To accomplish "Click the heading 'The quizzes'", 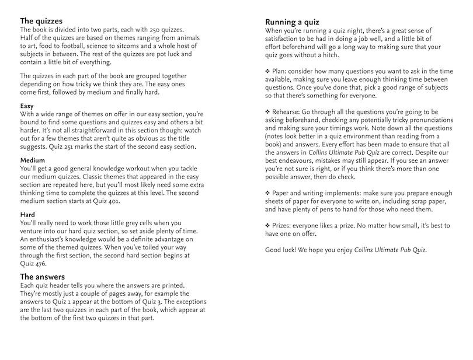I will point(41,21).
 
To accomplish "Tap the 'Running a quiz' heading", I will point(295,21).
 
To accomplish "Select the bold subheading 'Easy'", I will point(26,106).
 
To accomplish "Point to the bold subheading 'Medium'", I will point(33,159).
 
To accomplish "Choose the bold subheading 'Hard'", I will point(27,214).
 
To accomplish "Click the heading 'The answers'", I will point(42,276).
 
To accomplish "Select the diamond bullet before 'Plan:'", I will point(268,71).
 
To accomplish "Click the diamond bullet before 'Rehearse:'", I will point(268,111).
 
